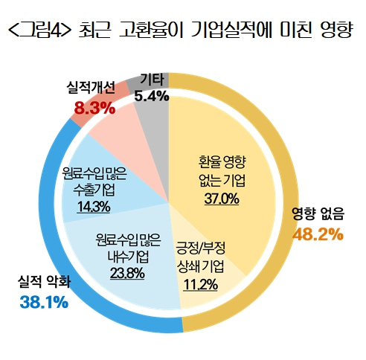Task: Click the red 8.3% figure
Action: coord(94,109)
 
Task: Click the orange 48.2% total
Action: coord(318,234)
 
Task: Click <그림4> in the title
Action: coord(38,31)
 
